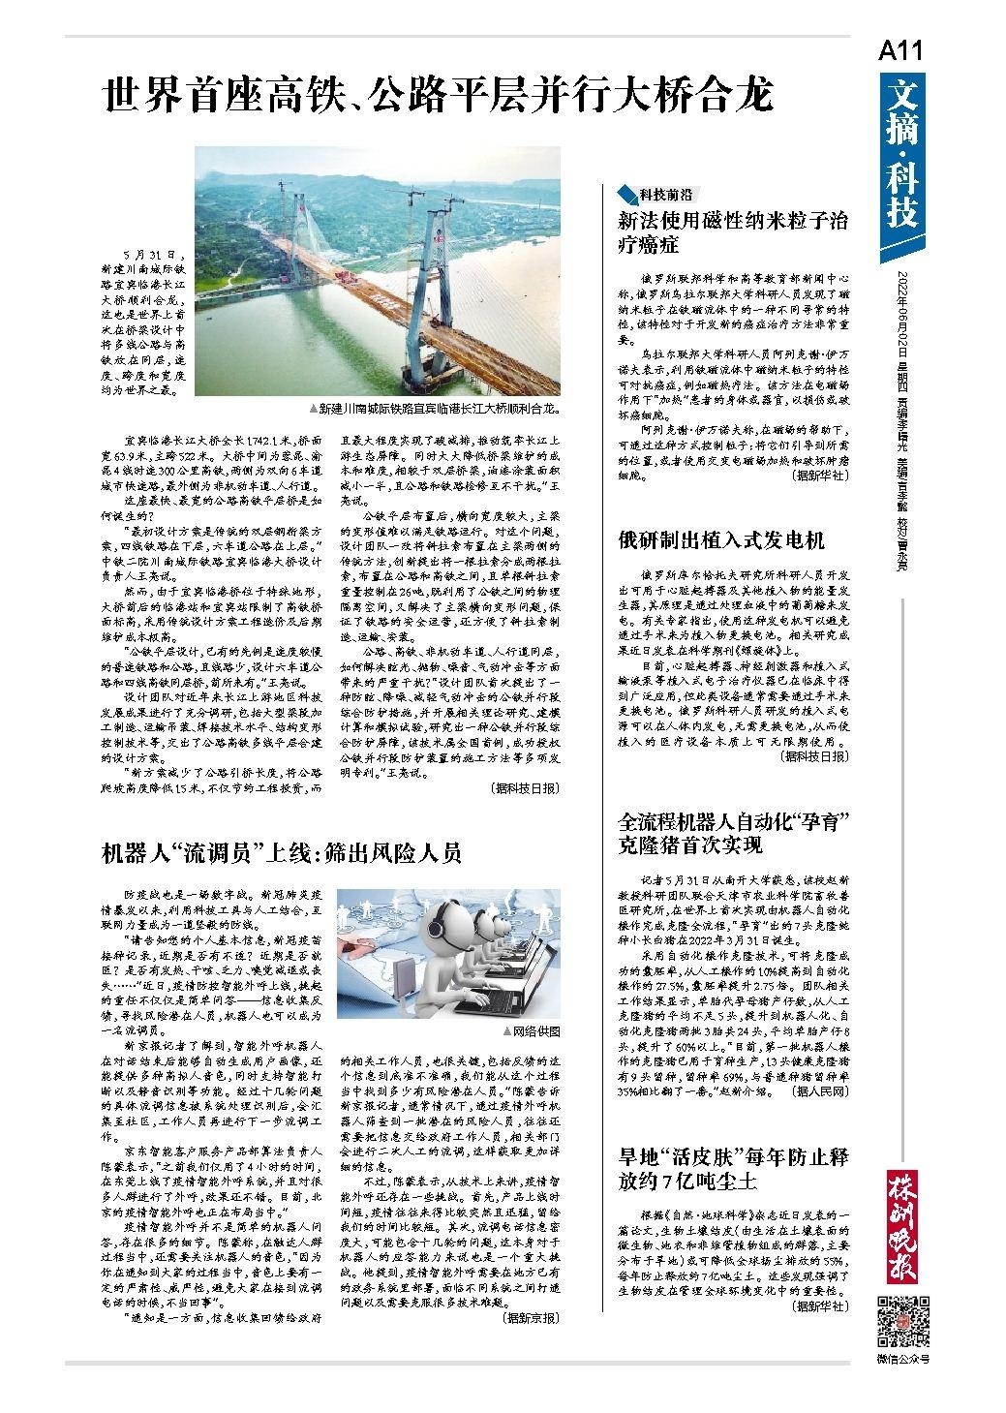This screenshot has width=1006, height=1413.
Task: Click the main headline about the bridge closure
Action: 439,96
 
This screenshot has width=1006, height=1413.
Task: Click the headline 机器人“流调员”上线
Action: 282,852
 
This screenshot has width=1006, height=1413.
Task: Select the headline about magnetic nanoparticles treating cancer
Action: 733,231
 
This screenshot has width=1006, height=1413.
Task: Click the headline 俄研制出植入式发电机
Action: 721,540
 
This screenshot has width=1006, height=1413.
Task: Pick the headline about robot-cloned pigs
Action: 734,833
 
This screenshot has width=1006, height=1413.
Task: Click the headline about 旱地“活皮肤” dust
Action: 733,1168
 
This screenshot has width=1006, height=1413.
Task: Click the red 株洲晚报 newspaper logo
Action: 902,1228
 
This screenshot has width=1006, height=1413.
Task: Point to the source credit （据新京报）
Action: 529,1318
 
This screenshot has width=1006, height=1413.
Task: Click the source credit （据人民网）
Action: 819,1091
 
